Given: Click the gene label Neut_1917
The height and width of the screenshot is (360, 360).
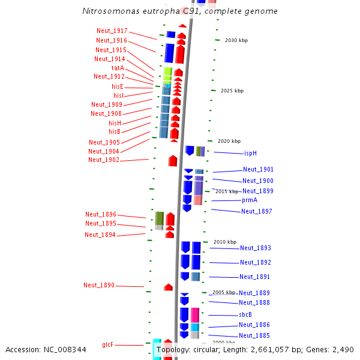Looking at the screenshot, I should [112, 31].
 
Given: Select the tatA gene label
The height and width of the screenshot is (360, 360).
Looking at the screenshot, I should [118, 68].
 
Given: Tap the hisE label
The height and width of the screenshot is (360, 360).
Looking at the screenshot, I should [117, 86].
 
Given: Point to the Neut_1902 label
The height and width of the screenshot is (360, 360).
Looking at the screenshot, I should [103, 160].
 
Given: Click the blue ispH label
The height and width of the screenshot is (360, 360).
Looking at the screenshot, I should [250, 153].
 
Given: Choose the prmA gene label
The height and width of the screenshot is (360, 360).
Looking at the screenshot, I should [249, 200].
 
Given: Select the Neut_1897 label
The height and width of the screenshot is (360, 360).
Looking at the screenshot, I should [256, 211].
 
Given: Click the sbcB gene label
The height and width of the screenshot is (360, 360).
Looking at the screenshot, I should [245, 314].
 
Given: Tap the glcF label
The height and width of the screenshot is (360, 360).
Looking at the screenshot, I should [107, 344].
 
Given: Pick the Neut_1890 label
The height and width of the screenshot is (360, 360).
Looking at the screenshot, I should [98, 285].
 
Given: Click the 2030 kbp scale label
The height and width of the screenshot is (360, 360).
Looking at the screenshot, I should [236, 40].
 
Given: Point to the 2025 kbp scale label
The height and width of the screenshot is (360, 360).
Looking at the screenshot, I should [232, 91].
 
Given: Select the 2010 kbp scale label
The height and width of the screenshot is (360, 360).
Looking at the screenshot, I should [225, 242].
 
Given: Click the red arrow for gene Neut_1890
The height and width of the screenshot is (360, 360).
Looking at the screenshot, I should [169, 287].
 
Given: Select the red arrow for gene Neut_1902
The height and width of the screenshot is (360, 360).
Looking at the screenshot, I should [173, 161].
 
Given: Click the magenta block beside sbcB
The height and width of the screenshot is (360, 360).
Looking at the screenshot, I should [195, 314].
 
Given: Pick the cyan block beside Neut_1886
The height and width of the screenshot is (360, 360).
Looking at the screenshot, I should [195, 327].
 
